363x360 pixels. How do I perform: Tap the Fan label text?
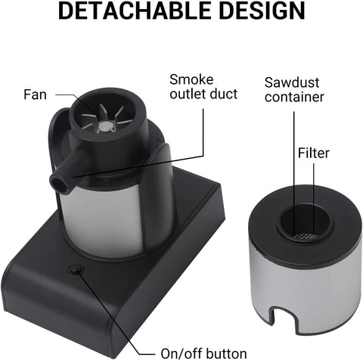click(x=35, y=95)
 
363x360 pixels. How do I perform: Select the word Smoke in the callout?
click(x=191, y=79)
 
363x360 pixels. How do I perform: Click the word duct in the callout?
click(x=224, y=94)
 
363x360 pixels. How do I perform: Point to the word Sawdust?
click(x=292, y=82)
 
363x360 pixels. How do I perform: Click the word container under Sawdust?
click(x=294, y=97)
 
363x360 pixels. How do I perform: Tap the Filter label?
click(x=314, y=153)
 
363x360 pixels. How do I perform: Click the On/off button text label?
click(x=203, y=353)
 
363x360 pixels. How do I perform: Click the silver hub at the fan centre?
click(x=105, y=126)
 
